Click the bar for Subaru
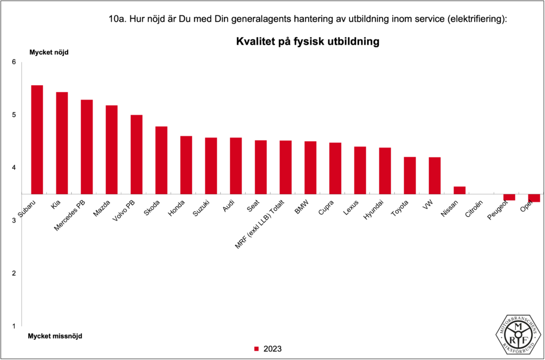pyautogui.click(x=37, y=140)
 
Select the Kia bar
pyautogui.click(x=62, y=143)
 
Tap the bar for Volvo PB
pyautogui.click(x=136, y=154)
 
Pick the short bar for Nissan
pyautogui.click(x=459, y=190)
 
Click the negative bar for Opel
pyautogui.click(x=534, y=198)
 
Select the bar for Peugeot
pyautogui.click(x=509, y=198)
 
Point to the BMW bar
pyautogui.click(x=310, y=168)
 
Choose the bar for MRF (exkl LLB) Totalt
pyautogui.click(x=285, y=167)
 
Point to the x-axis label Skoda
pyautogui.click(x=152, y=207)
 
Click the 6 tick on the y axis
pyautogui.click(x=14, y=62)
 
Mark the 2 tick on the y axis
pyautogui.click(x=14, y=273)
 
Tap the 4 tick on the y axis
pyautogui.click(x=14, y=168)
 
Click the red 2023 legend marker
pyautogui.click(x=256, y=349)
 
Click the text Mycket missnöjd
pyautogui.click(x=55, y=337)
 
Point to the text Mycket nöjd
pyautogui.click(x=48, y=52)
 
